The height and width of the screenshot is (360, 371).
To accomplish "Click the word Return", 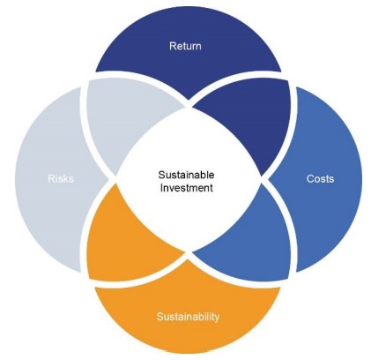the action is tap(185, 46).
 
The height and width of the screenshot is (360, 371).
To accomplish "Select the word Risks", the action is tap(61, 178).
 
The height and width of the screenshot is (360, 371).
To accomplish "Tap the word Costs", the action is tap(320, 178).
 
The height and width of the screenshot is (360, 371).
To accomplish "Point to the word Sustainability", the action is tap(188, 317).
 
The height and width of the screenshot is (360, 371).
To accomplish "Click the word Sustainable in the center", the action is tap(186, 175).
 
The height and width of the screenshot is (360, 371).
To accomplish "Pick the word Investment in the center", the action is tap(186, 188).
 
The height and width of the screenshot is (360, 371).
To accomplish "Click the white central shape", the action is tap(188, 179).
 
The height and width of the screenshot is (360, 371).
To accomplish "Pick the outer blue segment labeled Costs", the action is tap(326, 179).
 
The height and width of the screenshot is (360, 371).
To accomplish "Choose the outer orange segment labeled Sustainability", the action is tap(188, 318).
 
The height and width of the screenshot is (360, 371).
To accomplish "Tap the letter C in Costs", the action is tap(310, 178).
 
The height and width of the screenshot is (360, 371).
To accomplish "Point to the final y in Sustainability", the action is tap(217, 319).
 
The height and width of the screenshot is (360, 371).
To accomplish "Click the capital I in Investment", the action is tap(161, 188).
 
